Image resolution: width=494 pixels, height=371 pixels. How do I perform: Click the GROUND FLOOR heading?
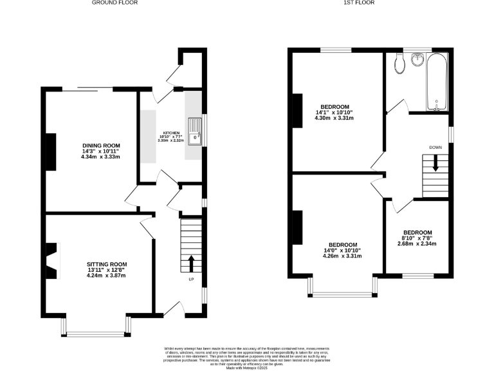114,3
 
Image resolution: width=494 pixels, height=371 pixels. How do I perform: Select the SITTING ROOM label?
107,264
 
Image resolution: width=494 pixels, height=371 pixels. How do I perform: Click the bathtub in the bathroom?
437,82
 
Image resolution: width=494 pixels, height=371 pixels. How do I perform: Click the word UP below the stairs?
191,280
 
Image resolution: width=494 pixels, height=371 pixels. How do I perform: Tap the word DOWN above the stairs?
435,147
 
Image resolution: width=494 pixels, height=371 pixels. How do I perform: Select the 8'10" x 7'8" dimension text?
417,238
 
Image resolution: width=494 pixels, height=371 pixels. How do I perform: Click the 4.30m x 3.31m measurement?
334,118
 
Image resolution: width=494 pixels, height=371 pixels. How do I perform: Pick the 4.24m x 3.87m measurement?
107,276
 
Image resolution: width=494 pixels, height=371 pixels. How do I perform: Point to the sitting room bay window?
96,333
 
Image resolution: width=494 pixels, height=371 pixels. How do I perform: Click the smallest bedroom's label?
417,233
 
